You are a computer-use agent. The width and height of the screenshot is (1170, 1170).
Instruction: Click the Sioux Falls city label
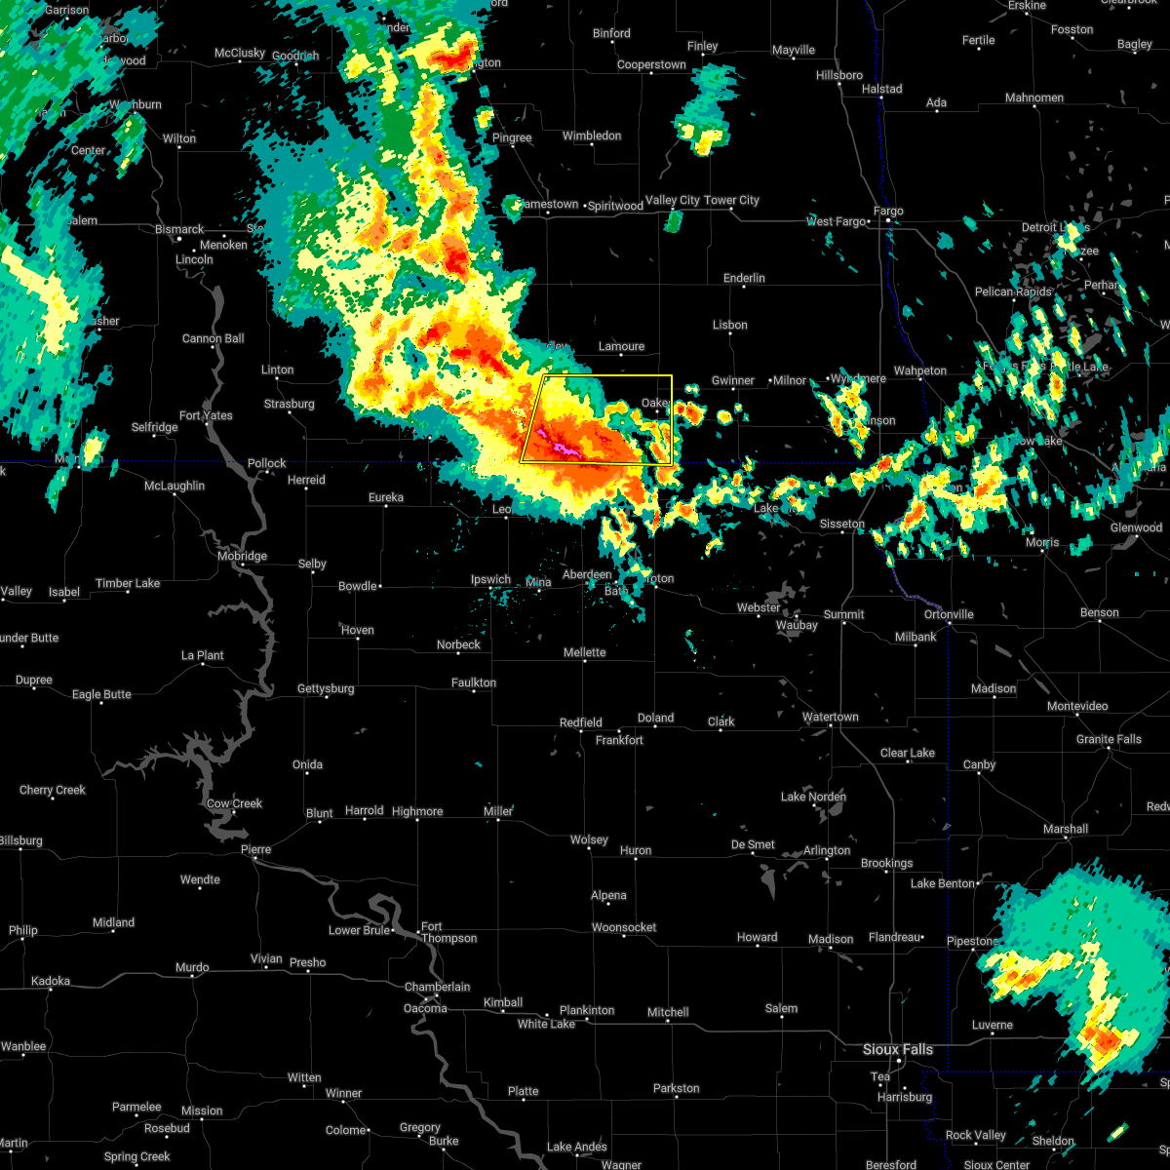[x=898, y=1049]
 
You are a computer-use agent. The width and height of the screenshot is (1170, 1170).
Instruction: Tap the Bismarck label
[x=179, y=230]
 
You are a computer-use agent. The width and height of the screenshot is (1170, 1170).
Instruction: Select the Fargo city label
[x=888, y=211]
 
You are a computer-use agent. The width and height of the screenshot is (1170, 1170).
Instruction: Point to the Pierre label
[x=255, y=849]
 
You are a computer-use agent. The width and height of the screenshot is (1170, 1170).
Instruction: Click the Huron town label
[x=636, y=850]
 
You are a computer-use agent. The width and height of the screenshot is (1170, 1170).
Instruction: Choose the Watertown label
[x=830, y=717]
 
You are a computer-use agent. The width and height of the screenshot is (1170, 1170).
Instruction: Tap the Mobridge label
[x=242, y=556]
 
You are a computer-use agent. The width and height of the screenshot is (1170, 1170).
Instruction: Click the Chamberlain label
[x=438, y=987]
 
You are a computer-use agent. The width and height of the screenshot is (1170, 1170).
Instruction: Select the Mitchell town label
[x=668, y=1012]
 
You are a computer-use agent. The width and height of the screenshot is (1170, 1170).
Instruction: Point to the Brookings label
[x=886, y=863]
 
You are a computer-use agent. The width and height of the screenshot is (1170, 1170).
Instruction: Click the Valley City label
[x=673, y=200]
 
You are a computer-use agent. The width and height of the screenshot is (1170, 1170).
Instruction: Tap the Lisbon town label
[x=730, y=325]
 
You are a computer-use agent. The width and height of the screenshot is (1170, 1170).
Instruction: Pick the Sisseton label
[x=841, y=524]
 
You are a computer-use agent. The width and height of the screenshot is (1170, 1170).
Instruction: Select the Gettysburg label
[x=326, y=688]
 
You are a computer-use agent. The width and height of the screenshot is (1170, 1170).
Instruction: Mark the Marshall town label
[x=1065, y=829]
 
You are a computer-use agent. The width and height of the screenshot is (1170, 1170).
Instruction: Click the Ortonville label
[x=949, y=614]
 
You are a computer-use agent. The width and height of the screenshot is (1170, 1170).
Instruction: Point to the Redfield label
[x=580, y=722]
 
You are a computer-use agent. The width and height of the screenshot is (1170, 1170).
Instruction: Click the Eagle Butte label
[x=101, y=694]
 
